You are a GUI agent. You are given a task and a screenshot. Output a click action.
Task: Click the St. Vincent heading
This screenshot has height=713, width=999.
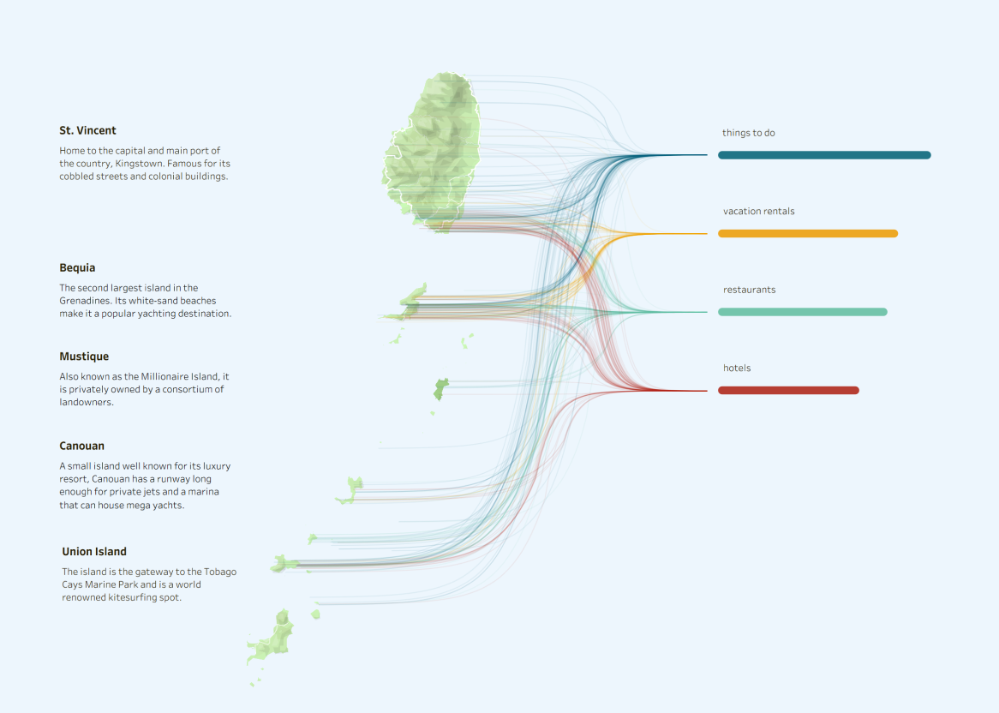[88, 130]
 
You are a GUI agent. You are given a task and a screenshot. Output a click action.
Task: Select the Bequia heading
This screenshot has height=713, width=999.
[77, 268]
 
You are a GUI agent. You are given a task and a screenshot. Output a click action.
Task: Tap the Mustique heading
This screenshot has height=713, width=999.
[84, 356]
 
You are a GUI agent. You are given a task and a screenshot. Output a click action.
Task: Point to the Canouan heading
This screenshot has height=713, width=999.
[81, 446]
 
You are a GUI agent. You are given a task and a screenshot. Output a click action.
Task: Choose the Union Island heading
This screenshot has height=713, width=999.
[94, 552]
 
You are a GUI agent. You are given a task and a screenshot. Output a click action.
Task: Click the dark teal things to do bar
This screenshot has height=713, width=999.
[824, 155]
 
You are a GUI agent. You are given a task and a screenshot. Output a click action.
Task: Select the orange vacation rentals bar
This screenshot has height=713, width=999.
[808, 234]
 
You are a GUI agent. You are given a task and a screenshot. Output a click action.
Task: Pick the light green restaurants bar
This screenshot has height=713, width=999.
[803, 312]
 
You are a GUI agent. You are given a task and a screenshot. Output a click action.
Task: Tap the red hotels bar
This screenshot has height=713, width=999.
[789, 391]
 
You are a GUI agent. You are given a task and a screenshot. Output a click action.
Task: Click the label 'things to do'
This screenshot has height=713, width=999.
[749, 133]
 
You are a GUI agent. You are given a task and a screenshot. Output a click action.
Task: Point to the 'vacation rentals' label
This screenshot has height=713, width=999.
[759, 212]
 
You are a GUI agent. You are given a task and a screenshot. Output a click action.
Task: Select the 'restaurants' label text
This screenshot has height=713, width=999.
[749, 290]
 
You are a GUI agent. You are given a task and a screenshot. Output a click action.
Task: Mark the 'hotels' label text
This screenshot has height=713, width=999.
[737, 368]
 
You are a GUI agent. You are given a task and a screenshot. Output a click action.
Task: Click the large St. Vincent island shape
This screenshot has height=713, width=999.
[434, 150]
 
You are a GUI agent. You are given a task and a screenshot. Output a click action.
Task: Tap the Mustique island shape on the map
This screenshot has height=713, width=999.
[440, 389]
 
